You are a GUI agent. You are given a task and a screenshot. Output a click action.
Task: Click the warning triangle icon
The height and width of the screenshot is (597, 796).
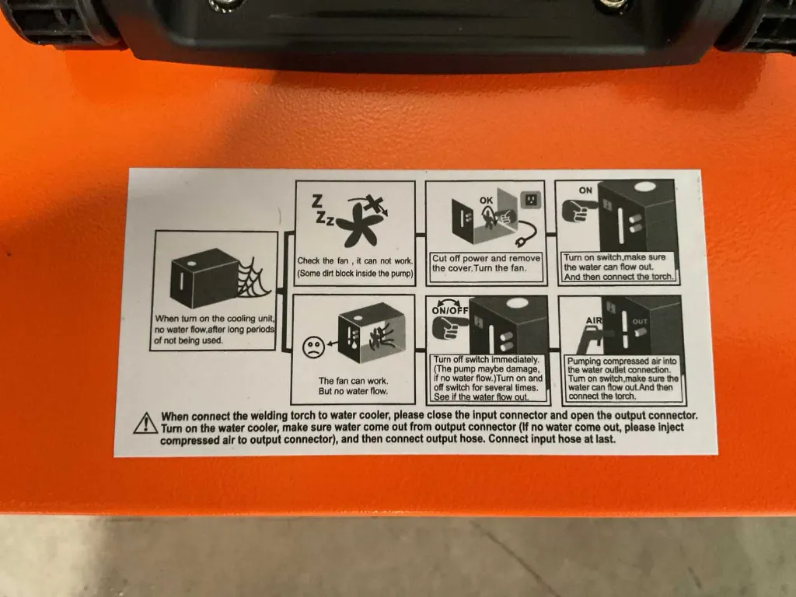tap(145, 424)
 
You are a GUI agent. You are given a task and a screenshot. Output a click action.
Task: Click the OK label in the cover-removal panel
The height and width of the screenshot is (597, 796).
tap(487, 200)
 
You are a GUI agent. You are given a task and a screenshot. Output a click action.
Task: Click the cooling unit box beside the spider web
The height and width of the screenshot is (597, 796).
tap(201, 281)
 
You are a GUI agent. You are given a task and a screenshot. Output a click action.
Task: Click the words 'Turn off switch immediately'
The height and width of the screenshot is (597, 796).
tap(486, 359)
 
